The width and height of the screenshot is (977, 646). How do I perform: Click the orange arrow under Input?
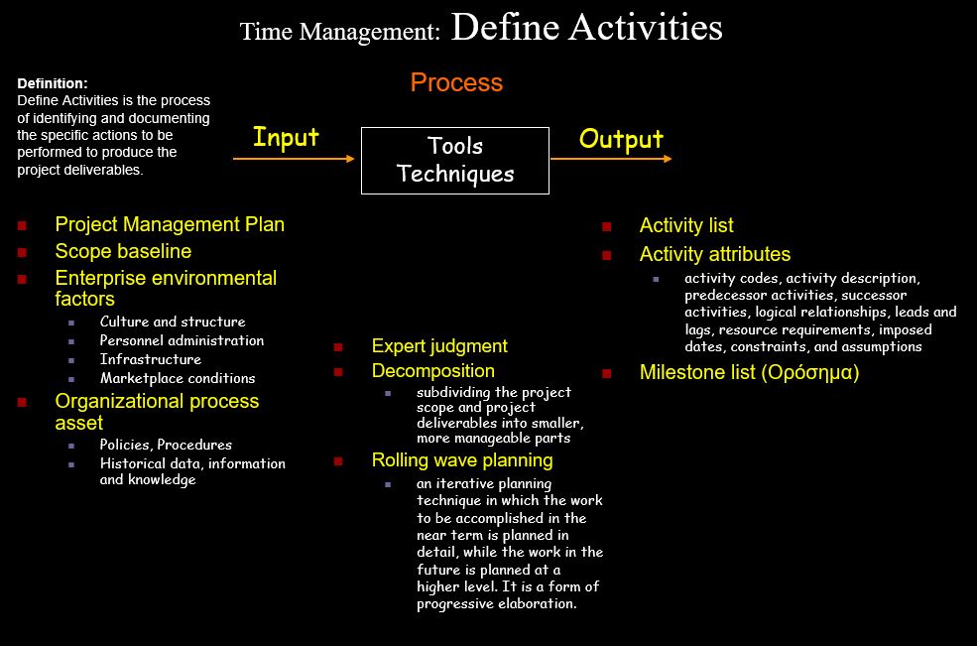click(294, 159)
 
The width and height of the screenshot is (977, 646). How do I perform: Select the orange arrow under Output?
click(611, 159)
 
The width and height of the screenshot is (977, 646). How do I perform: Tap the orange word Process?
click(456, 82)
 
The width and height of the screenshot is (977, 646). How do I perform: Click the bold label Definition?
click(53, 83)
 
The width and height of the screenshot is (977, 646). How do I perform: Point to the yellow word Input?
click(286, 137)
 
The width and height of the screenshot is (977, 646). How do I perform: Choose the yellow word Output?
click(621, 139)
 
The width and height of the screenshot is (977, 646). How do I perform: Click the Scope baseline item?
click(123, 251)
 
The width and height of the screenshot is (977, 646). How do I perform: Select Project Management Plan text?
click(170, 224)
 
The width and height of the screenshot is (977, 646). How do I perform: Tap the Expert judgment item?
click(439, 346)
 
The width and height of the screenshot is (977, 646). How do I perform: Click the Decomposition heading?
click(433, 371)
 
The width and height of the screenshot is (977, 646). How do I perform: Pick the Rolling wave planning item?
click(462, 460)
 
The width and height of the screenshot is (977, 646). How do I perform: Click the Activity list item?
click(686, 225)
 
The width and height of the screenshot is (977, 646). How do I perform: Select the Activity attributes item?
click(715, 254)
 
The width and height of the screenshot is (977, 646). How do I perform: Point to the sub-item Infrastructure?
click(151, 359)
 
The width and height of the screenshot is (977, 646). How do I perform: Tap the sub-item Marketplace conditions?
click(178, 378)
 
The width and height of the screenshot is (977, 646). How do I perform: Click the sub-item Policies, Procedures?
click(166, 445)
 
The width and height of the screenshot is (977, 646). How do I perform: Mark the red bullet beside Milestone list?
click(606, 373)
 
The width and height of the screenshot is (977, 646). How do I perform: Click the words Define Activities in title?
click(586, 28)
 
